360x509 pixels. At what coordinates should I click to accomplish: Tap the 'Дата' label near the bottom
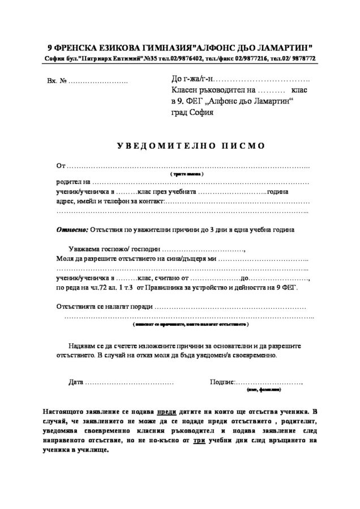click(75, 382)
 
